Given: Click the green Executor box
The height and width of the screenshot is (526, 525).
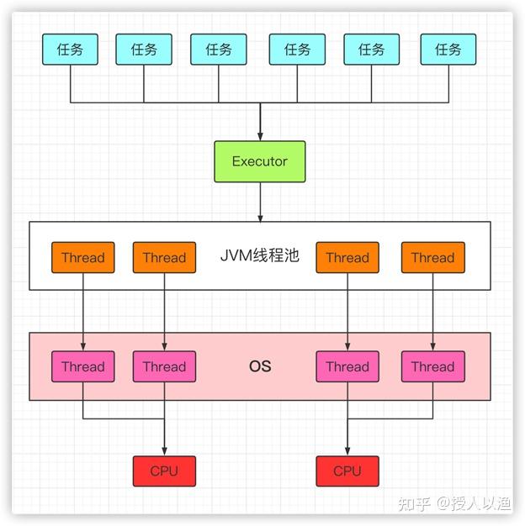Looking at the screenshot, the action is point(260,161).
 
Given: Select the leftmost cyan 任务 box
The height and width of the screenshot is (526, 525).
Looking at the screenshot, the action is point(70,50).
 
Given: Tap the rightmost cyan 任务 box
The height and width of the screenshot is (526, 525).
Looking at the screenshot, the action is point(448,50).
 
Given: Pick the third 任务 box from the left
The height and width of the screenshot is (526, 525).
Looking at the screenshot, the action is point(219,50).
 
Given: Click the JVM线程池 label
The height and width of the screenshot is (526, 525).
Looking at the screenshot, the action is point(260,255).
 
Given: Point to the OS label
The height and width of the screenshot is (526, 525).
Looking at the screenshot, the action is point(260,366).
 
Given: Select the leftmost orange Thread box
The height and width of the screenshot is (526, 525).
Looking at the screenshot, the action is point(83,258).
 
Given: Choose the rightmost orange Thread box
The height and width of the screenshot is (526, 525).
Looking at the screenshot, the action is point(433,258).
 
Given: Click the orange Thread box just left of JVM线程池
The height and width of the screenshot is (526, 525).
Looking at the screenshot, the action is point(164,258).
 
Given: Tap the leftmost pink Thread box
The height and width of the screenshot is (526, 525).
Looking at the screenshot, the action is point(83,366).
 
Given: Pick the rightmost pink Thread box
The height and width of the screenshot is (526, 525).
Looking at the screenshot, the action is point(433,366).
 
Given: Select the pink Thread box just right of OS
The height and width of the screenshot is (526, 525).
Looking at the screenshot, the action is point(347,366).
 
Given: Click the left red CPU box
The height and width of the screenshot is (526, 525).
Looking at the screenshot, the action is point(164,471).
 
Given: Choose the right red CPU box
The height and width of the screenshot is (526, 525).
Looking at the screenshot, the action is point(347,471).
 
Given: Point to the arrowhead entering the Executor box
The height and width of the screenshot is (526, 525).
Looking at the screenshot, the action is point(260,136).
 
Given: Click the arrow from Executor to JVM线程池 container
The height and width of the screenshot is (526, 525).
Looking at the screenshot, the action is point(260,202).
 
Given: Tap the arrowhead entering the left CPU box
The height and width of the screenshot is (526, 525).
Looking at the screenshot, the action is point(164,451).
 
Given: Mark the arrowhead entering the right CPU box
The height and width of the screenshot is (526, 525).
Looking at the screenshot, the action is point(347,451).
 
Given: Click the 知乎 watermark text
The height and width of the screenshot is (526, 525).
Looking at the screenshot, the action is point(414,504).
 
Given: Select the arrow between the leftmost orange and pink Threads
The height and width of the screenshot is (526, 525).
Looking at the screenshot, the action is point(83,312).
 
